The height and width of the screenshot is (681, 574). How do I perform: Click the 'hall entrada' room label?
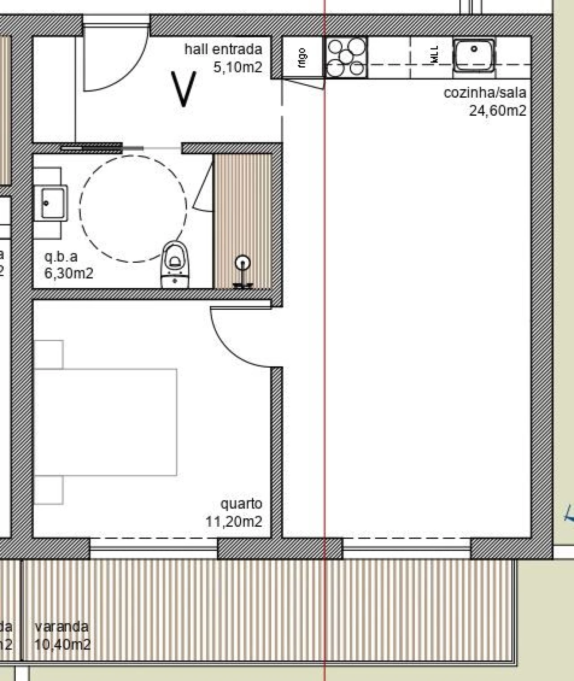[223, 49]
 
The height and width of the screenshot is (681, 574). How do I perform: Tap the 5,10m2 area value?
[237, 67]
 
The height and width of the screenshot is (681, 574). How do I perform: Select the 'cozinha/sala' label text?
[484, 93]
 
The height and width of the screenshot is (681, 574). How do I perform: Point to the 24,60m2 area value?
[497, 110]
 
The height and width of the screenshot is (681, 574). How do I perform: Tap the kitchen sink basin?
[474, 54]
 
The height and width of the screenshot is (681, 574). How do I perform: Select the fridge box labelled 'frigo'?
[303, 57]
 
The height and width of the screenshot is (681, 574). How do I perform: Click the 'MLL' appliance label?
[434, 56]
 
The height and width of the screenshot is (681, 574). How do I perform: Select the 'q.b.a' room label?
[61, 256]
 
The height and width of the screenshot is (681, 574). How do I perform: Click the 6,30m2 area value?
[69, 273]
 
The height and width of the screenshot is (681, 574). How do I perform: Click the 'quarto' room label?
[241, 503]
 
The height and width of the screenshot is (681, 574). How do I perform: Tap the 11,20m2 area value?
[234, 521]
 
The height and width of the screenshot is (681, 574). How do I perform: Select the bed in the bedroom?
[105, 422]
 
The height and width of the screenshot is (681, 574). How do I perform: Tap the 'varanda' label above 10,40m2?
[61, 626]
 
